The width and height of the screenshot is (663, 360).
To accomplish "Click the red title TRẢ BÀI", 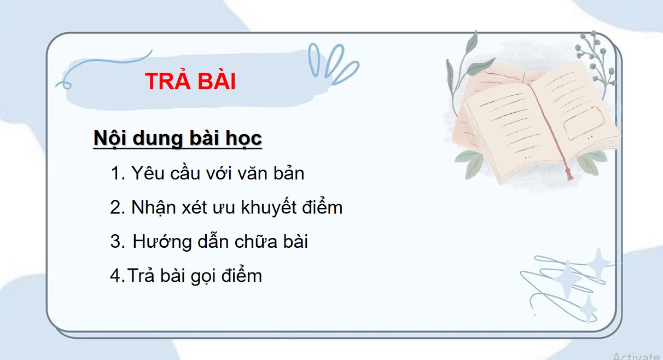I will [x=190, y=82].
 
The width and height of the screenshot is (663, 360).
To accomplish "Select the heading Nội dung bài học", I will [x=178, y=138].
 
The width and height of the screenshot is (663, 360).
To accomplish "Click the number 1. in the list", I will [x=118, y=174].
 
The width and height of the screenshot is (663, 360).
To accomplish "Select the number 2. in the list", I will [x=118, y=208].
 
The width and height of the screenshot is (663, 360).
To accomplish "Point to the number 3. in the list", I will [x=118, y=242].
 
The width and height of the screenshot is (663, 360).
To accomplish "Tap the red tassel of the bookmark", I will [x=569, y=174].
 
